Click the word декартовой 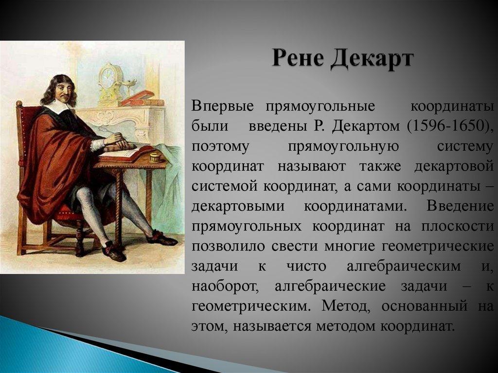pos(454,167)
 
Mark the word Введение pos(460,207)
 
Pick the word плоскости pos(458,227)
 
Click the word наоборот pos(226,287)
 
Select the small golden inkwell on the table pos(155,157)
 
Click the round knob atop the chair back pos(19,104)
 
